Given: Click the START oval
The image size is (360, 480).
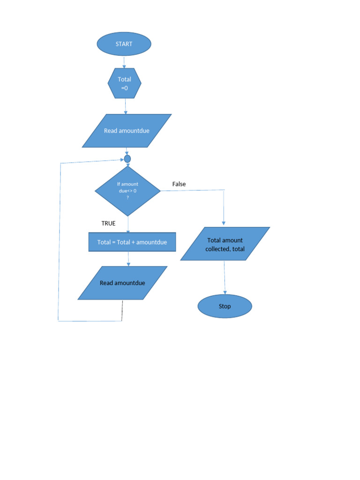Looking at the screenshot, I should coord(124,44).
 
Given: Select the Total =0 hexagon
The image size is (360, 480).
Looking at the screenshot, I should coord(125,83).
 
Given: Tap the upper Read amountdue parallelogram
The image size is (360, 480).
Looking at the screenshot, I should coord(127,131).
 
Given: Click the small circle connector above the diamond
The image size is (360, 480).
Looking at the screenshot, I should coord(127,159).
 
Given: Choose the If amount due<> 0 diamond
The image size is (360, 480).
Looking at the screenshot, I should coord(127,191).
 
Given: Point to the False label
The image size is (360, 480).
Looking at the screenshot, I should coord(179,184).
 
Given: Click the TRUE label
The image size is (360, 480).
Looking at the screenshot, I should coord(108,223).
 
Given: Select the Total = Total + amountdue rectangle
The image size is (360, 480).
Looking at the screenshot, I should coord(132,242).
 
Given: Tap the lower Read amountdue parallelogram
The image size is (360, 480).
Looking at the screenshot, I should coord(122,283).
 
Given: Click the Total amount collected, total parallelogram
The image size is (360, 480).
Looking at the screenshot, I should coord(225,244).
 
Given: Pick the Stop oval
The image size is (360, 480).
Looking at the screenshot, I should coord(225,307).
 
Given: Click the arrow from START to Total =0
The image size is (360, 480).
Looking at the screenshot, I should coord(124,62).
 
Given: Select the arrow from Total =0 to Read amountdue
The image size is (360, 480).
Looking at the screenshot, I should coord(126,106).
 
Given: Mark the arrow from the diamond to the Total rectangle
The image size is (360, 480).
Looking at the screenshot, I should coord(127,225).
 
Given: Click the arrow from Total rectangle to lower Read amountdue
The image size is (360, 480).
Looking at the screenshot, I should coord(128,259).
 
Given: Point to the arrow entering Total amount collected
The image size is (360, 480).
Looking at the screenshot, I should coord(224,209).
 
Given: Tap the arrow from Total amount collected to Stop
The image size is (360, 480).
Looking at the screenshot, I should coord(225,277).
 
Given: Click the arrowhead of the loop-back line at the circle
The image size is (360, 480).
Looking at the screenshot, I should coord(121,160).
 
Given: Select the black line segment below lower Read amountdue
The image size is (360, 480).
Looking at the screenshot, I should coord(122,310).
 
